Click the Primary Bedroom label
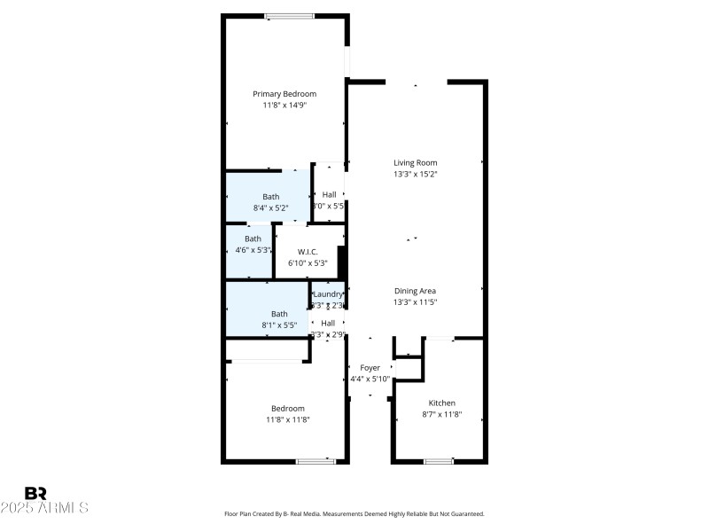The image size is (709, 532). point(284,94)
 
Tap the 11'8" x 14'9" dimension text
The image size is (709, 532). point(284,106)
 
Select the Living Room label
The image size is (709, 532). point(416,163)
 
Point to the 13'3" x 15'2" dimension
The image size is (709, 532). point(416,175)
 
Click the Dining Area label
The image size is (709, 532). point(416,291)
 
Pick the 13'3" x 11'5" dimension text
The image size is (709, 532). point(416,302)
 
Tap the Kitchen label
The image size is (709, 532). point(441,403)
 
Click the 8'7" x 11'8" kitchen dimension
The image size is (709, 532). point(441,414)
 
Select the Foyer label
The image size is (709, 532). point(370,368)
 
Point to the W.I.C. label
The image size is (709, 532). point(308,252)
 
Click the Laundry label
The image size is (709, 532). point(327,294)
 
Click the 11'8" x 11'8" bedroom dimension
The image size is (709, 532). point(288,419)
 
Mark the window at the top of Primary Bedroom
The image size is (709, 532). point(289,16)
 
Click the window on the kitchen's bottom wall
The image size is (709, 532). point(439,461)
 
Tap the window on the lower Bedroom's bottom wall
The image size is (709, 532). point(316,461)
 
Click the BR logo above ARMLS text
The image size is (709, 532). point(35,494)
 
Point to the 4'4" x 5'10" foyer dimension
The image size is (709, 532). point(370,379)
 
